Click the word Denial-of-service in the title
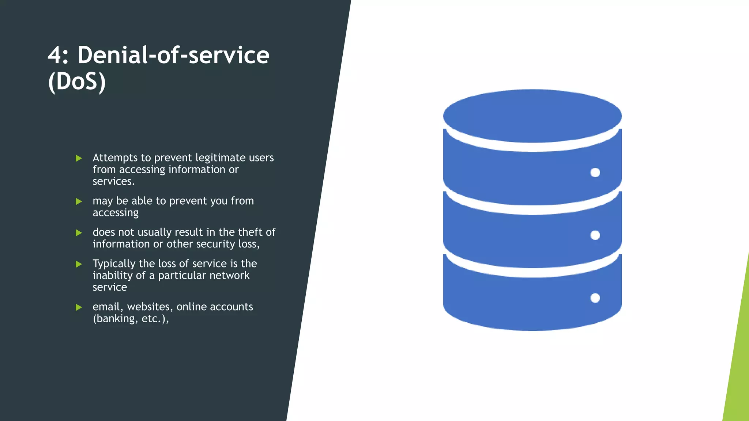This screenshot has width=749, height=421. [173, 56]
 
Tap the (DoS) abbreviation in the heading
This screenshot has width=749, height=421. [77, 81]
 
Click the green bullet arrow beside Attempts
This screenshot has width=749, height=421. [79, 158]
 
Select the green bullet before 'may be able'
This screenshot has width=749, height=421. [79, 201]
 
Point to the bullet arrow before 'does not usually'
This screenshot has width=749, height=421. [79, 233]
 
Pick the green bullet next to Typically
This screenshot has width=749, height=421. [79, 264]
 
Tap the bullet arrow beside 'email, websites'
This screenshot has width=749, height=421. [79, 307]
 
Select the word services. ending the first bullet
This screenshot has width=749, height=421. [113, 181]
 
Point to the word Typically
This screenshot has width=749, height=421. [114, 264]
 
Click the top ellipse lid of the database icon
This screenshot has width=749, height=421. [532, 116]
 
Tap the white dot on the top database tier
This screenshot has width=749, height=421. [595, 172]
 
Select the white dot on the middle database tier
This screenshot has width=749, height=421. [595, 235]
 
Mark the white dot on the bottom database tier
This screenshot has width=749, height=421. [595, 298]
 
